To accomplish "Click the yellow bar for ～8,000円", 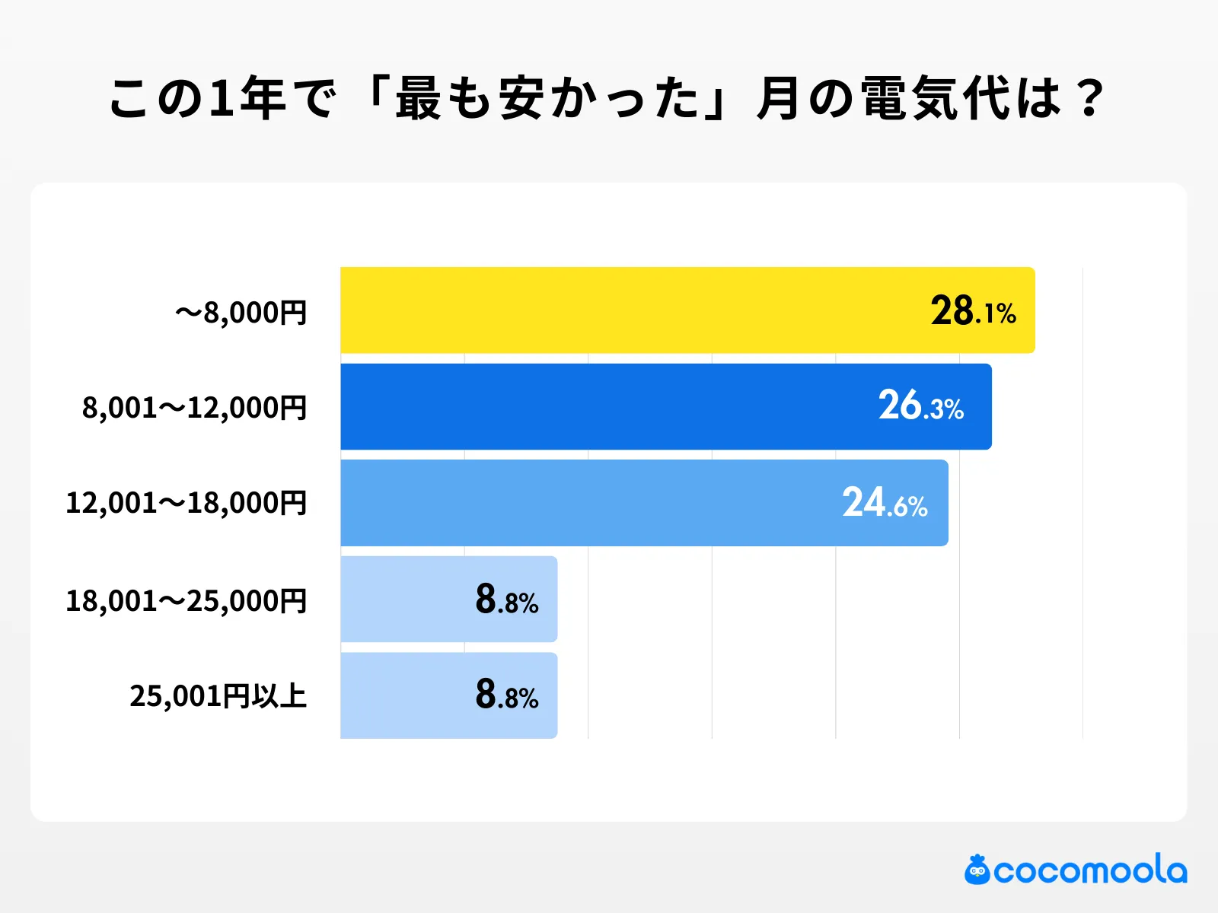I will pos(624,310).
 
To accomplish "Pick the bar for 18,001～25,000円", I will pos(403,600).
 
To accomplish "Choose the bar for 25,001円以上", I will pos(403,695).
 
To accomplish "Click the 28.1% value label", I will pos(973,311).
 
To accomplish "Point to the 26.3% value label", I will pos(921,406).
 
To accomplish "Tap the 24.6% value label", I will pos(885,503).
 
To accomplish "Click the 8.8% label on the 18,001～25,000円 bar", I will pos(507,600).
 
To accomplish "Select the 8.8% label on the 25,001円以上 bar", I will pos(507,695).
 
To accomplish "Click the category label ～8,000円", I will pos(241,313).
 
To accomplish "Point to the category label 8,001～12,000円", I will pos(195,409).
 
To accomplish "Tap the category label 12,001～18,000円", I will pos(187,504).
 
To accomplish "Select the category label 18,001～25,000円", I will pos(187,601).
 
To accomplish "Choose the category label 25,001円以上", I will pos(218,696).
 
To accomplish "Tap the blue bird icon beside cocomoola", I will pos(977,870).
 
